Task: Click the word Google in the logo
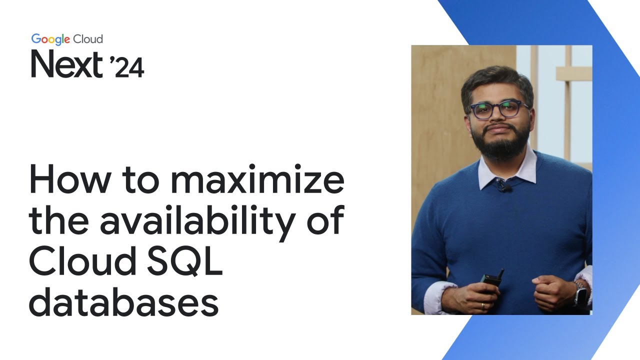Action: pos(51,39)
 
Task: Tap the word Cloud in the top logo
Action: pos(88,39)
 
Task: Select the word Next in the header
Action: pos(67,65)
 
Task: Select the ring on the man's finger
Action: pos(482,305)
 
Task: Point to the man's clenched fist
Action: pos(552,292)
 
